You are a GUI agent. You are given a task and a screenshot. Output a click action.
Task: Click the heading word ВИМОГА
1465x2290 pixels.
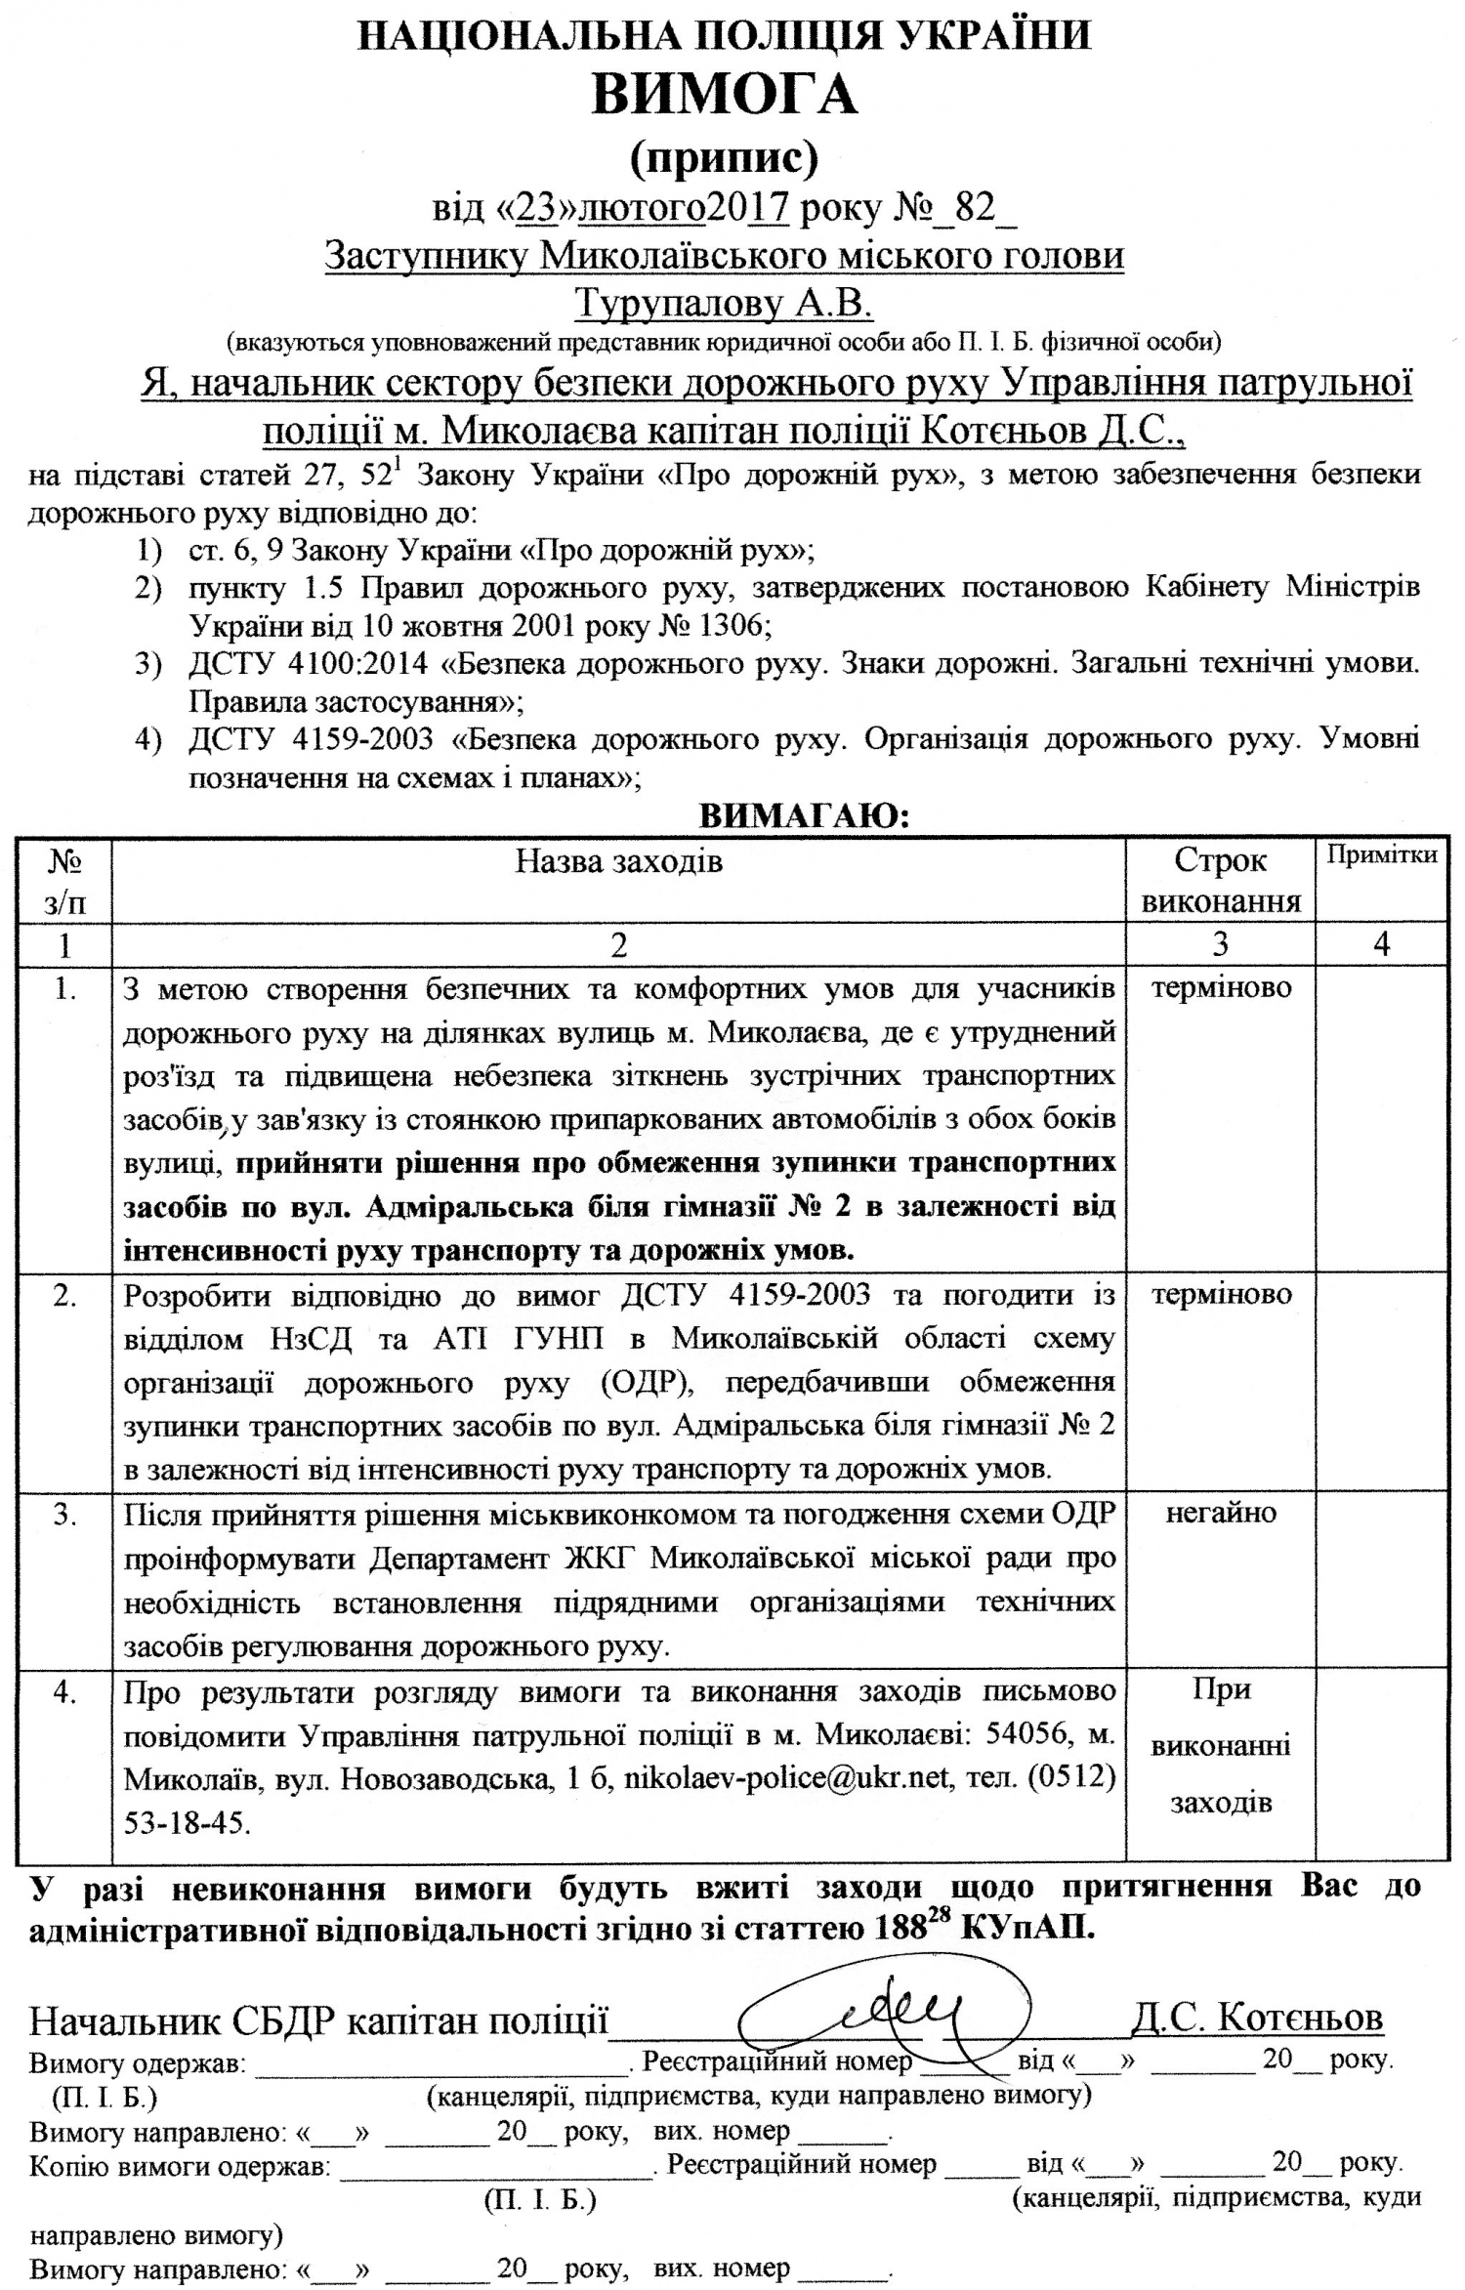point(725,95)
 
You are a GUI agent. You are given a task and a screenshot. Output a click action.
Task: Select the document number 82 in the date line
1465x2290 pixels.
point(974,207)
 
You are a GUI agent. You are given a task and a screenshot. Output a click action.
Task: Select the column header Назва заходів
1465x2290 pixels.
point(619,860)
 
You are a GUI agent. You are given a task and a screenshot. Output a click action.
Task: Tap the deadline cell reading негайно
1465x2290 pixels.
point(1221,1513)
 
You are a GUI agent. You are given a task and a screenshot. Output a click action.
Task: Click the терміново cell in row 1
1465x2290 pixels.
point(1221,987)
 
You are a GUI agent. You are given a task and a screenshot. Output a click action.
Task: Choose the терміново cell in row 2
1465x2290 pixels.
point(1221,1294)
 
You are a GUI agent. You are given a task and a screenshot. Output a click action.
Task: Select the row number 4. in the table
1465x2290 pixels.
point(64,1692)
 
